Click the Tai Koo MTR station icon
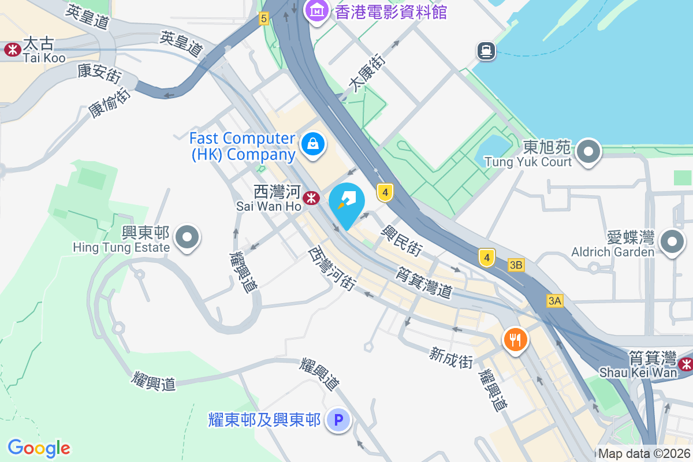12,50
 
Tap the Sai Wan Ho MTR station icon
312,198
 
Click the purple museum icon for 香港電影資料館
317,10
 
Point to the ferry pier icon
486,51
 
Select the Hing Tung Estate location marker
187,237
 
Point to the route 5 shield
264,18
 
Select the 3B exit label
516,265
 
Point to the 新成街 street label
451,357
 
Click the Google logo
39,448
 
